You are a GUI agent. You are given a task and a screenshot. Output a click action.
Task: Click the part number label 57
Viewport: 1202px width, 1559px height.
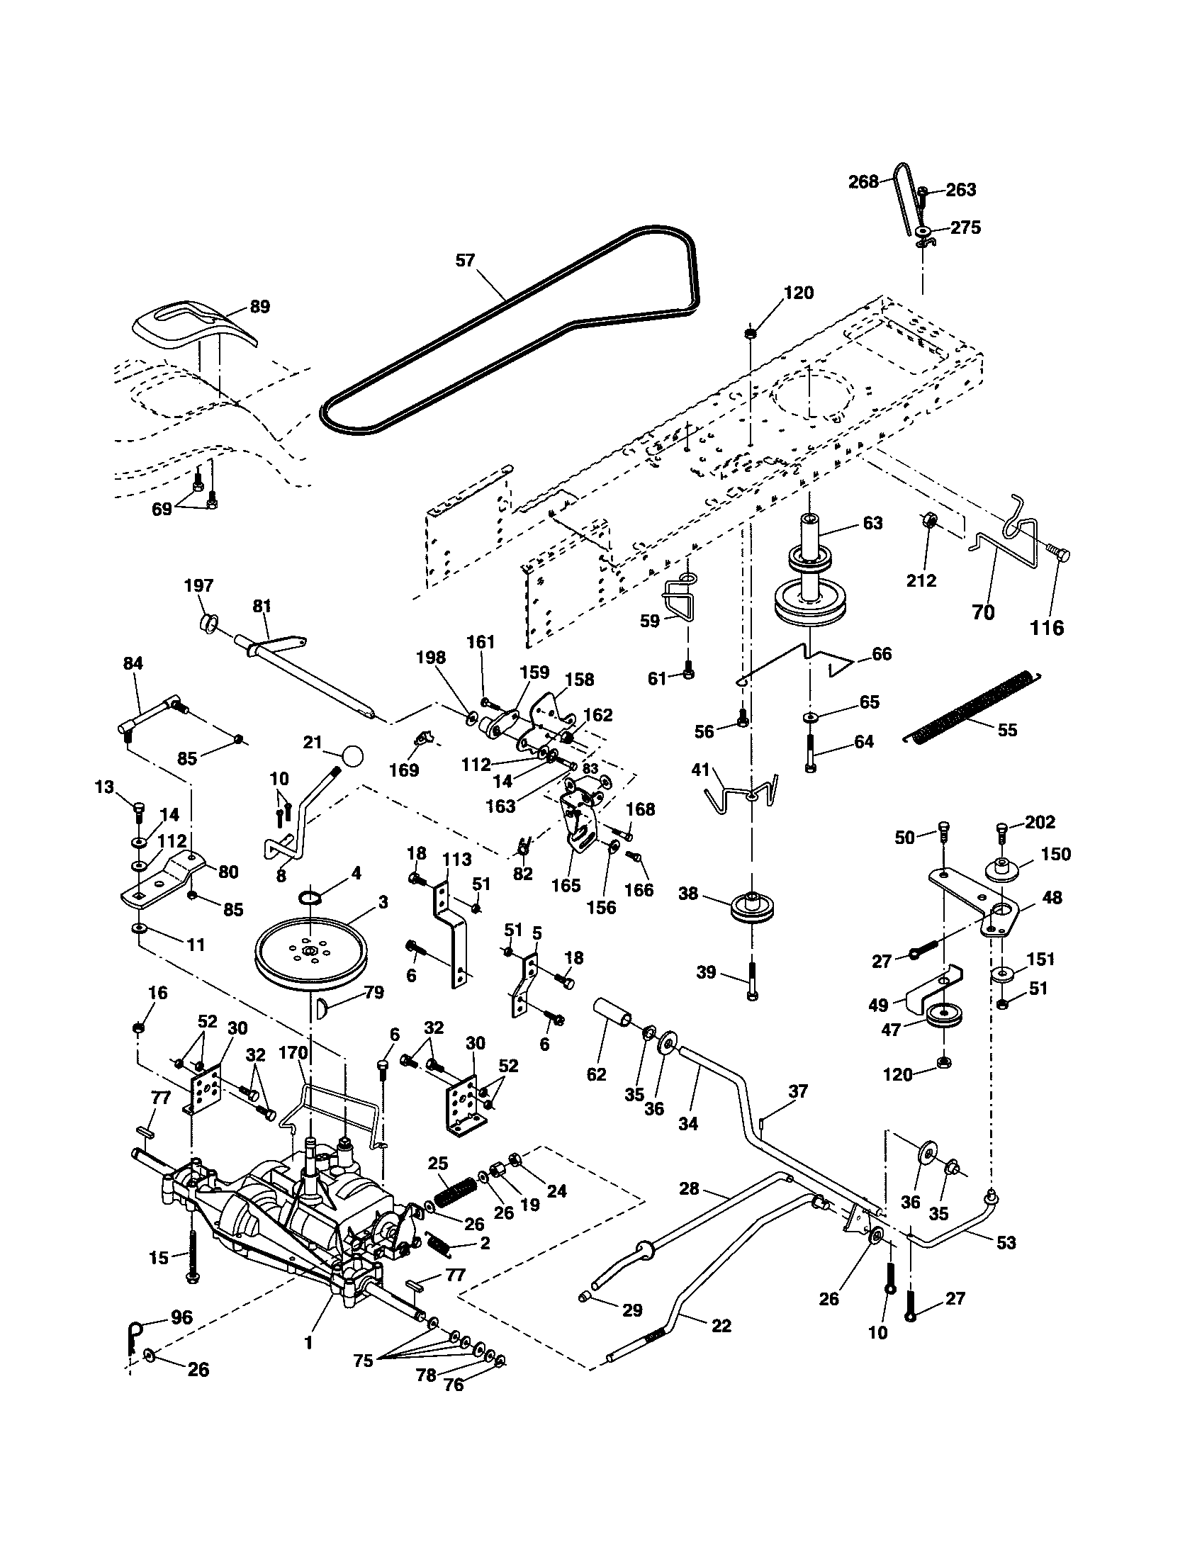pyautogui.click(x=465, y=261)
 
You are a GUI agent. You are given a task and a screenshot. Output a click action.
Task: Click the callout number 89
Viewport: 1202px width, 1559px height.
pyautogui.click(x=260, y=306)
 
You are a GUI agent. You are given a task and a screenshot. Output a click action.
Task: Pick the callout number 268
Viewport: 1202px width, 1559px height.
pyautogui.click(x=863, y=182)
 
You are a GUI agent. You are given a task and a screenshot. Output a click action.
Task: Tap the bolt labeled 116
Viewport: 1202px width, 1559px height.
pyautogui.click(x=1058, y=555)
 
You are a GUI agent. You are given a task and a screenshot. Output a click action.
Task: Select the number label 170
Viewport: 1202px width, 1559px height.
pyautogui.click(x=292, y=1053)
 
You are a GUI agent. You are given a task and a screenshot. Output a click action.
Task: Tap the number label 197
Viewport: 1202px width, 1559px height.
pyautogui.click(x=198, y=585)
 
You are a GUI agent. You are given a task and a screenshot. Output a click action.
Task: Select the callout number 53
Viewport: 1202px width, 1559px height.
pyautogui.click(x=1006, y=1243)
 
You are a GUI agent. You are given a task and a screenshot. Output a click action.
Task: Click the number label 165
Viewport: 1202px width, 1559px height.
pyautogui.click(x=566, y=886)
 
